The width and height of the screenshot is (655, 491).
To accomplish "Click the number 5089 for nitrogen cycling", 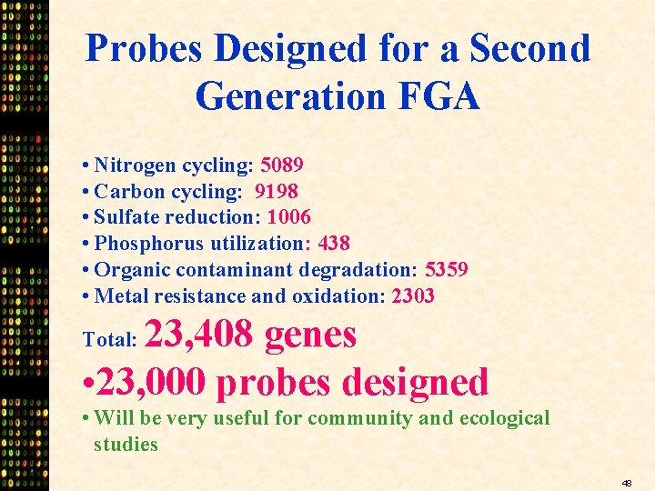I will click(282, 165).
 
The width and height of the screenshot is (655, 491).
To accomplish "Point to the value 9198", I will click(277, 191).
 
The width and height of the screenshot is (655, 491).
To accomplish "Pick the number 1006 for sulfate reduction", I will click(289, 217).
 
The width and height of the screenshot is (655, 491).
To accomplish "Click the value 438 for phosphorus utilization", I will click(334, 244).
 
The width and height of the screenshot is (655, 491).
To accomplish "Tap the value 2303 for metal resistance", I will click(413, 296).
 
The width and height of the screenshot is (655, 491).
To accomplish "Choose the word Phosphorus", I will click(150, 244).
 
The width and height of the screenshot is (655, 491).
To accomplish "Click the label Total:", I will click(109, 339).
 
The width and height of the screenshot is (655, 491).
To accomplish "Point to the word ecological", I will click(505, 418).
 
